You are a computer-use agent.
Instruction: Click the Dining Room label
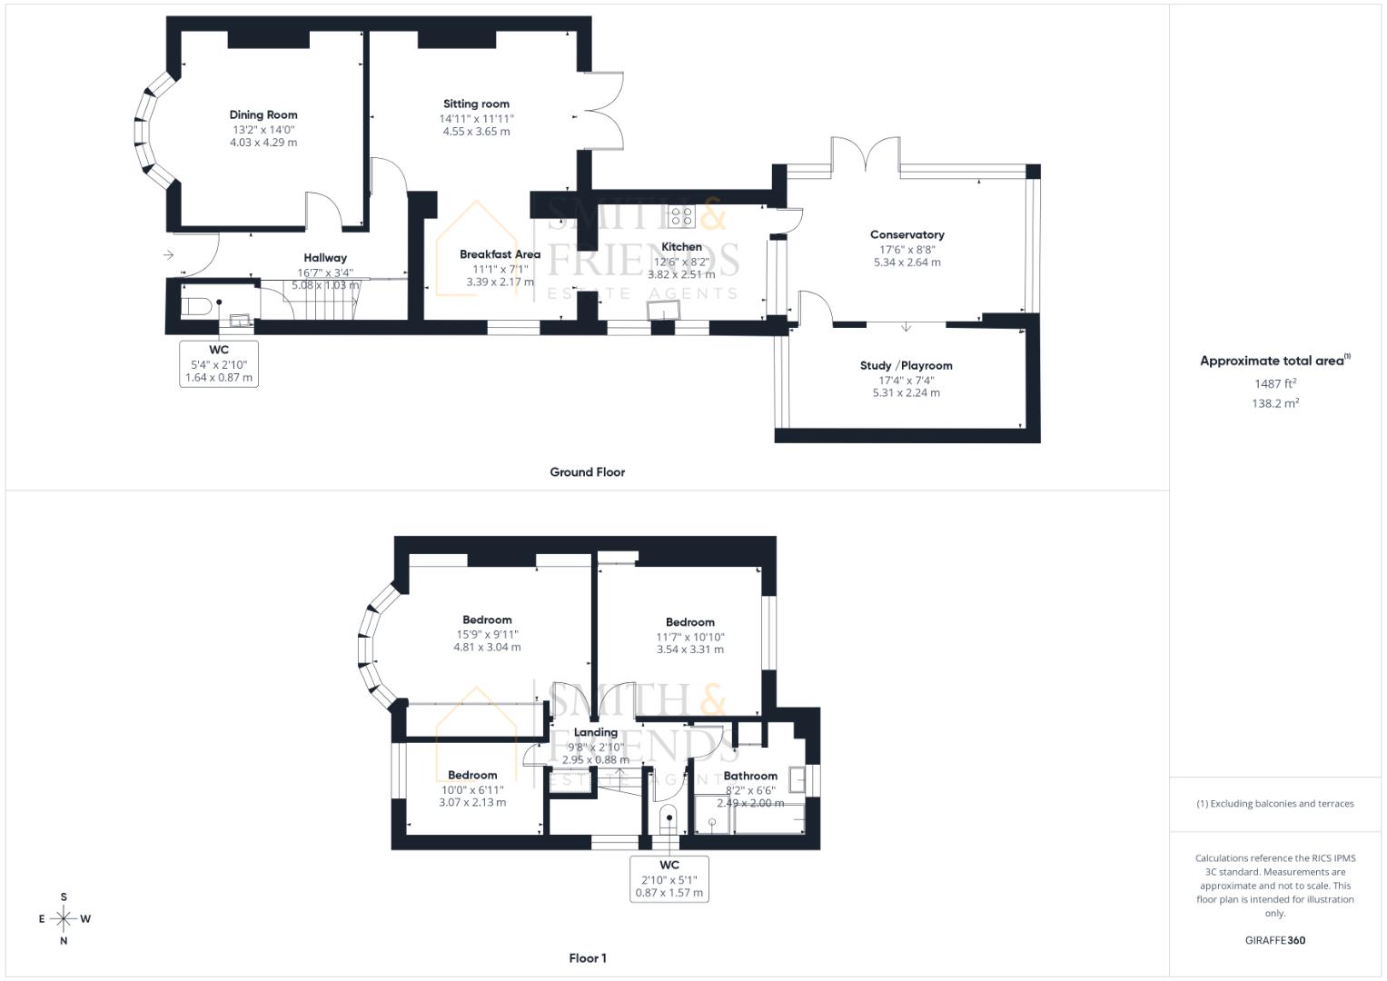coord(263,114)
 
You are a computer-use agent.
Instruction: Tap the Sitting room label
coord(476,104)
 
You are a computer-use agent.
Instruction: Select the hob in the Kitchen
coord(681,216)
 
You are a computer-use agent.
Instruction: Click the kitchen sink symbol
coord(662,311)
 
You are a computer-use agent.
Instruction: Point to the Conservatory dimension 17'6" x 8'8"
coord(907,249)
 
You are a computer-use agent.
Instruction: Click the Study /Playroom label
coord(906,365)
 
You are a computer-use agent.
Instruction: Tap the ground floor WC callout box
coord(219,363)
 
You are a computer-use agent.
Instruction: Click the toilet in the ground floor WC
coord(197,306)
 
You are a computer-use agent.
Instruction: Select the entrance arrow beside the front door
coord(168,255)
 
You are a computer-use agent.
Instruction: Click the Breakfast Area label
coord(500,254)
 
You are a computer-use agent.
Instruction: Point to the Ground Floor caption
coord(587,471)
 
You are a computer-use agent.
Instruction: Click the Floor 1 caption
coord(587,957)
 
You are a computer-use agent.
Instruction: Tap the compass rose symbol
coord(64,918)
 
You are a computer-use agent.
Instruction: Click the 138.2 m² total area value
coord(1274,403)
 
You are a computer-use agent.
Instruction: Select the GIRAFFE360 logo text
coord(1274,940)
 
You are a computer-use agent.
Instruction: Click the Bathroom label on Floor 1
coord(750,776)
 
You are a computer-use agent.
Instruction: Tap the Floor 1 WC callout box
coord(669,878)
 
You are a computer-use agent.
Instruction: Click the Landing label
coord(596,732)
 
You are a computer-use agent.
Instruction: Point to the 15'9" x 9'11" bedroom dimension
coord(487,634)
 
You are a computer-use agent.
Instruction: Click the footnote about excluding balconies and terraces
coord(1274,803)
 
